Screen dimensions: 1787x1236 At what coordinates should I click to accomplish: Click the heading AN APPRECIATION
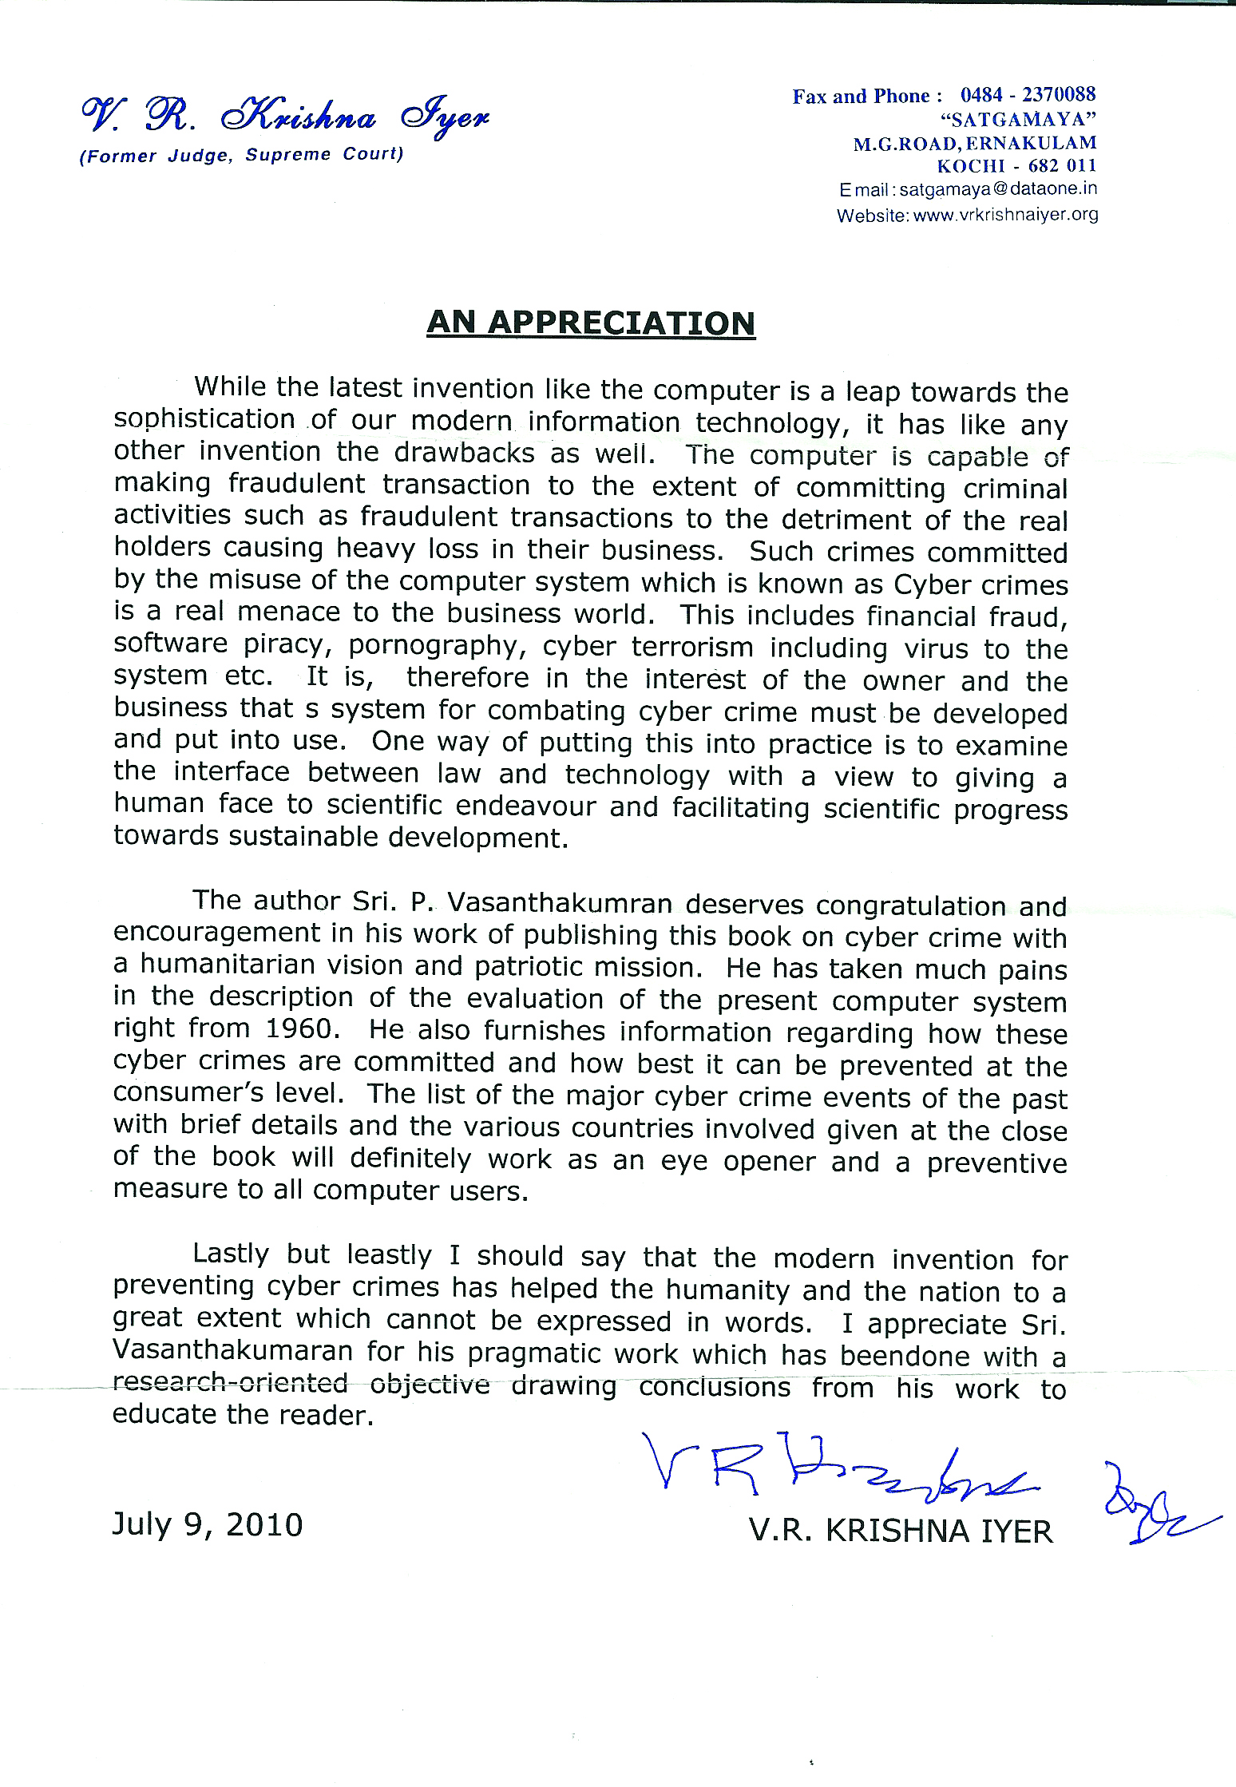click(x=591, y=323)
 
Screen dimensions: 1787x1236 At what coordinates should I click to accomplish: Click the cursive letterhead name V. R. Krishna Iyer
click(x=284, y=118)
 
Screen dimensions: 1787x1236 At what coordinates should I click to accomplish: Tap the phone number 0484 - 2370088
click(x=1028, y=95)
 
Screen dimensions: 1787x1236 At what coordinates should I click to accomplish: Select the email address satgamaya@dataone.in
click(x=998, y=190)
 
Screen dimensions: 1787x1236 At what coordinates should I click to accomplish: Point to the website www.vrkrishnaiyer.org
click(x=1005, y=215)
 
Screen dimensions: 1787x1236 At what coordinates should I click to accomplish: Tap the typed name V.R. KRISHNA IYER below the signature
click(x=901, y=1530)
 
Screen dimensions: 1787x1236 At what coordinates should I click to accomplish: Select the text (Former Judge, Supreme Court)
click(x=240, y=155)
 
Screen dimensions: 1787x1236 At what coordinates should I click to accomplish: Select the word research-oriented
click(x=230, y=1382)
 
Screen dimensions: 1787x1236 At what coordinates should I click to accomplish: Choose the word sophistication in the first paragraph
click(x=204, y=420)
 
